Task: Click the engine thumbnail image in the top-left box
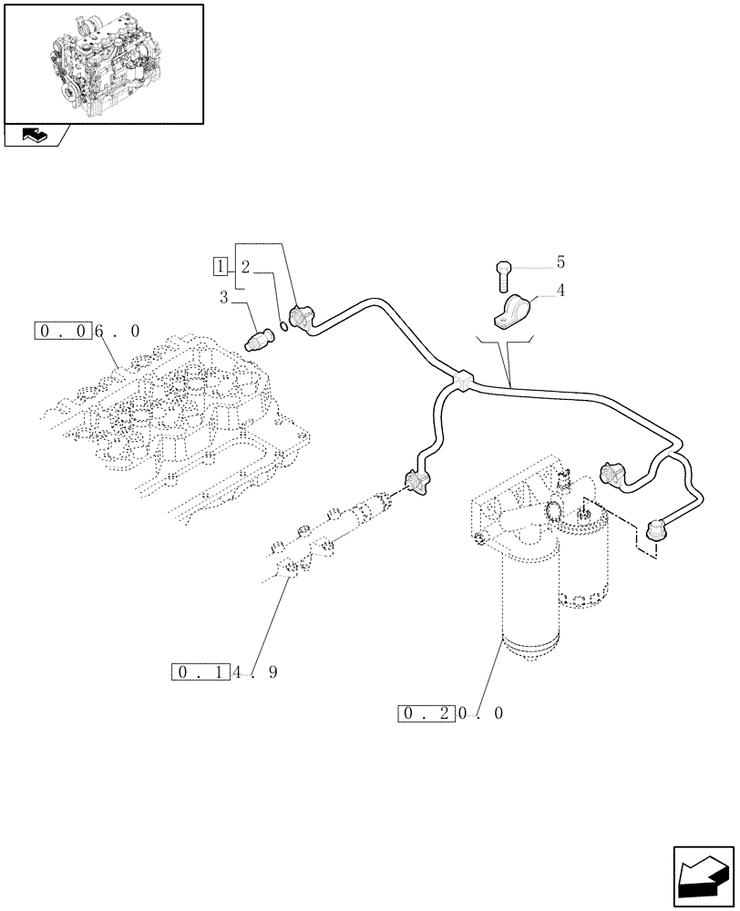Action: [x=102, y=63]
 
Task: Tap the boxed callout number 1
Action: [x=220, y=266]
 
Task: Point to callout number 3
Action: [x=223, y=296]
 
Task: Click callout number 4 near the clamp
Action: [x=560, y=292]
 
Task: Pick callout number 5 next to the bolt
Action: [x=560, y=262]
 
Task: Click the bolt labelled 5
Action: [x=502, y=271]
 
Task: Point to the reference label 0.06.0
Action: [x=88, y=332]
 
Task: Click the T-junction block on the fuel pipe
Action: [x=462, y=380]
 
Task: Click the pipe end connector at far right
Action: [x=655, y=528]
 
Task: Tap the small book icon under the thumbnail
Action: [x=34, y=136]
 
